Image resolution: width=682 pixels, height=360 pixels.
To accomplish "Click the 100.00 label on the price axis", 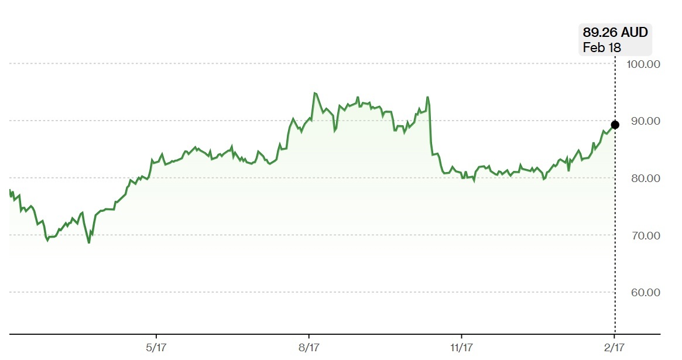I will pyautogui.click(x=643, y=64).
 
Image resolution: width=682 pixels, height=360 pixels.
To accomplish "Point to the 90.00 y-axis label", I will pyautogui.click(x=643, y=121).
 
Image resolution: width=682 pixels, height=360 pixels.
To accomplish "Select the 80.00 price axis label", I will pyautogui.click(x=643, y=178).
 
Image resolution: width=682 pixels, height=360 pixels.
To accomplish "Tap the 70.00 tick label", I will pyautogui.click(x=643, y=235).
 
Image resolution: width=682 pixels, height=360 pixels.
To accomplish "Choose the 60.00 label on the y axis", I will pyautogui.click(x=643, y=292).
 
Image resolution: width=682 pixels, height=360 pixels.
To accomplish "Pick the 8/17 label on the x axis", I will pyautogui.click(x=309, y=348).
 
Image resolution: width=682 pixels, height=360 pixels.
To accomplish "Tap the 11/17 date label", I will pyautogui.click(x=461, y=348).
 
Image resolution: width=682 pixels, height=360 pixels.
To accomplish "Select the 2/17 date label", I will pyautogui.click(x=614, y=348).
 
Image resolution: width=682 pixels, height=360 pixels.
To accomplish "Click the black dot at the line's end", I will pyautogui.click(x=615, y=125).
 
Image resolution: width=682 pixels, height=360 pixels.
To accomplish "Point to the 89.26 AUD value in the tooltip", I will pyautogui.click(x=615, y=33).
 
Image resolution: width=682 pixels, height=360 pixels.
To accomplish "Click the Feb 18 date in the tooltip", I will pyautogui.click(x=601, y=48).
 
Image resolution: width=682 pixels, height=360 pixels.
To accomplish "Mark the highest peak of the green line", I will pyautogui.click(x=314, y=92).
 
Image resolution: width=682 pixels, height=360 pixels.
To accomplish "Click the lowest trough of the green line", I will pyautogui.click(x=89, y=242).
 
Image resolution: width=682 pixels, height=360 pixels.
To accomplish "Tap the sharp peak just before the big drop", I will pyautogui.click(x=428, y=97).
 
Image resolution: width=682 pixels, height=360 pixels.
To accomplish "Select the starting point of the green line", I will pyautogui.click(x=10, y=190).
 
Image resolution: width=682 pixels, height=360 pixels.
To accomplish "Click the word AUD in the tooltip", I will pyautogui.click(x=635, y=33).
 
